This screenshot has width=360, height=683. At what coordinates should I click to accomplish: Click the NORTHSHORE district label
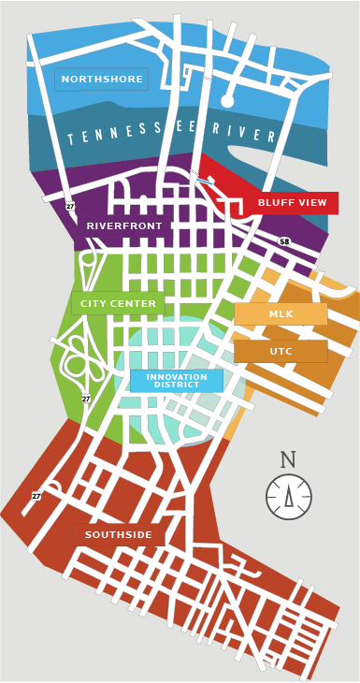coord(101,80)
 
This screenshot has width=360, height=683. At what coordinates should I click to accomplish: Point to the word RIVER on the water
coord(245,133)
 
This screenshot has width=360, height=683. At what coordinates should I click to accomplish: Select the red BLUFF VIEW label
coord(292,203)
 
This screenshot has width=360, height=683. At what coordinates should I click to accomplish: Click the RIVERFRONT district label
coord(124,226)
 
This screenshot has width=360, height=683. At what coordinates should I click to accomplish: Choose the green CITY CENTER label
coord(118,304)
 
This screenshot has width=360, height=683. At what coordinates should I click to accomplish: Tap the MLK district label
coord(281,314)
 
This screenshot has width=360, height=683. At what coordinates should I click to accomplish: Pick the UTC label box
coord(281,351)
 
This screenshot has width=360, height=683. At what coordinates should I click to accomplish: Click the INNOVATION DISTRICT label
coord(177,381)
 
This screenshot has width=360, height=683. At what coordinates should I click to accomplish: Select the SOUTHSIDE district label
coord(119,535)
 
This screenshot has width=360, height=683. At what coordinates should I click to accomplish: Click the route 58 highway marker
coord(284,241)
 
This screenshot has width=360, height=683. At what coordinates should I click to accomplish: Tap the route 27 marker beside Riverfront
coord(70,206)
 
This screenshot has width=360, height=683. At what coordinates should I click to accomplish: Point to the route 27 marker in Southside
coord(36,496)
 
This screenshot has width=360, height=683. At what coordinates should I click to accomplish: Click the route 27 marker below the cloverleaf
coord(86,399)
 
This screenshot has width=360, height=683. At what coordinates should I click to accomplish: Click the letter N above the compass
coord(288,460)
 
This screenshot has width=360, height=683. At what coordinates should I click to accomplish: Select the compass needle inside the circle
coord(288,496)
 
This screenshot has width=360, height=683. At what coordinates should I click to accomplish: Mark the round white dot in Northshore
coord(227,101)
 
